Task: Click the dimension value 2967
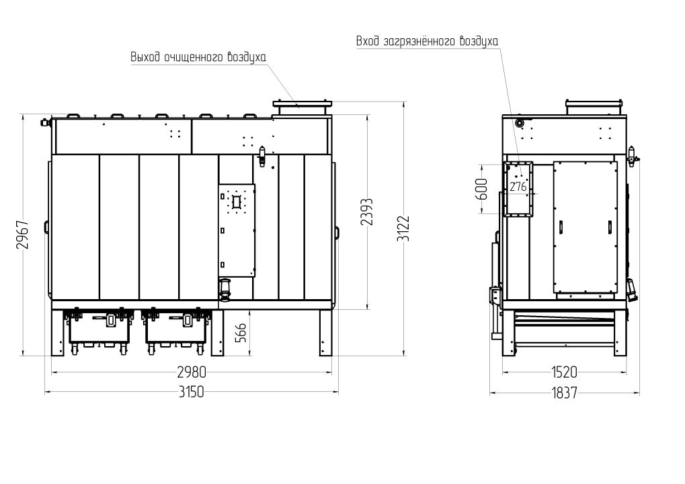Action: [x=23, y=235]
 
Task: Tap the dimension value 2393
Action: [x=367, y=212]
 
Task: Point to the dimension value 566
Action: [x=241, y=333]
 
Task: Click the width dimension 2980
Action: [x=192, y=372]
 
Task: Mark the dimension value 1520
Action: [x=564, y=372]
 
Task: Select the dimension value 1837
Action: [x=565, y=393]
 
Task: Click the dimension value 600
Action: [x=482, y=189]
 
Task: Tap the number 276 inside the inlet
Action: [x=518, y=187]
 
